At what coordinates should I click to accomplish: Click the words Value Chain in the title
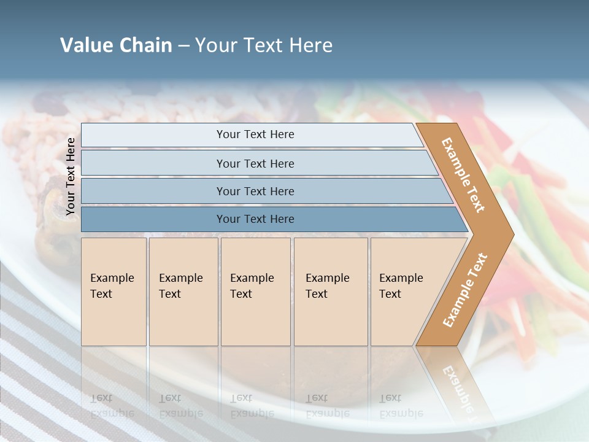116,45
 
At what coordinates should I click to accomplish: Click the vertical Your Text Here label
71,176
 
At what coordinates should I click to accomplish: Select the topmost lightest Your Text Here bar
255,134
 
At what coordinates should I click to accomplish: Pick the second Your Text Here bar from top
255,163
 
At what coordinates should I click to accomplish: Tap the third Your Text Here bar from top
255,191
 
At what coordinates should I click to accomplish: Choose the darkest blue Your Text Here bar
255,219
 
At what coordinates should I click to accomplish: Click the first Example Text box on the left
114,291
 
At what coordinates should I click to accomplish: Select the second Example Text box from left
183,291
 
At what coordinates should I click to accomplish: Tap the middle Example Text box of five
255,291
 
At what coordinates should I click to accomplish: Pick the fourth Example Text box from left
330,291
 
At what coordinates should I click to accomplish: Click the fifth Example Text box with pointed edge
405,291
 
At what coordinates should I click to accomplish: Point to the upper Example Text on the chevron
463,175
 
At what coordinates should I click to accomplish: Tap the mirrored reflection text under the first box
113,406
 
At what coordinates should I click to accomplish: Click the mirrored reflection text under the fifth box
401,406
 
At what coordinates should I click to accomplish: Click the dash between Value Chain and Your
183,45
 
